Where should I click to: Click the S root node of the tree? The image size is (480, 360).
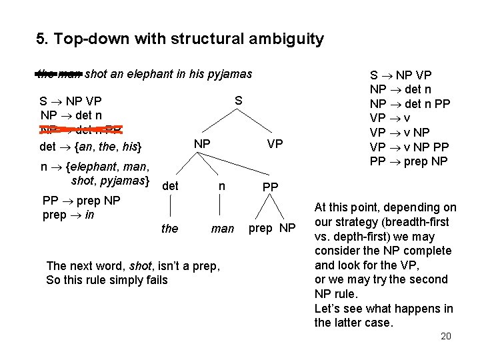click(238, 101)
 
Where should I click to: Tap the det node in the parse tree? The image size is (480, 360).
click(170, 186)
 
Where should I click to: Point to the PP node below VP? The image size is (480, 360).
click(270, 187)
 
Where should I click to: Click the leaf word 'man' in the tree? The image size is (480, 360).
click(222, 229)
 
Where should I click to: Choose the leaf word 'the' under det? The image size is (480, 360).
click(170, 229)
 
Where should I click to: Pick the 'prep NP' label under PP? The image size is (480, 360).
click(271, 228)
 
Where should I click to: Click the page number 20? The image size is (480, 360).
click(446, 336)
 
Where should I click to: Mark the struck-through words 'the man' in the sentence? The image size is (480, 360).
click(59, 74)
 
